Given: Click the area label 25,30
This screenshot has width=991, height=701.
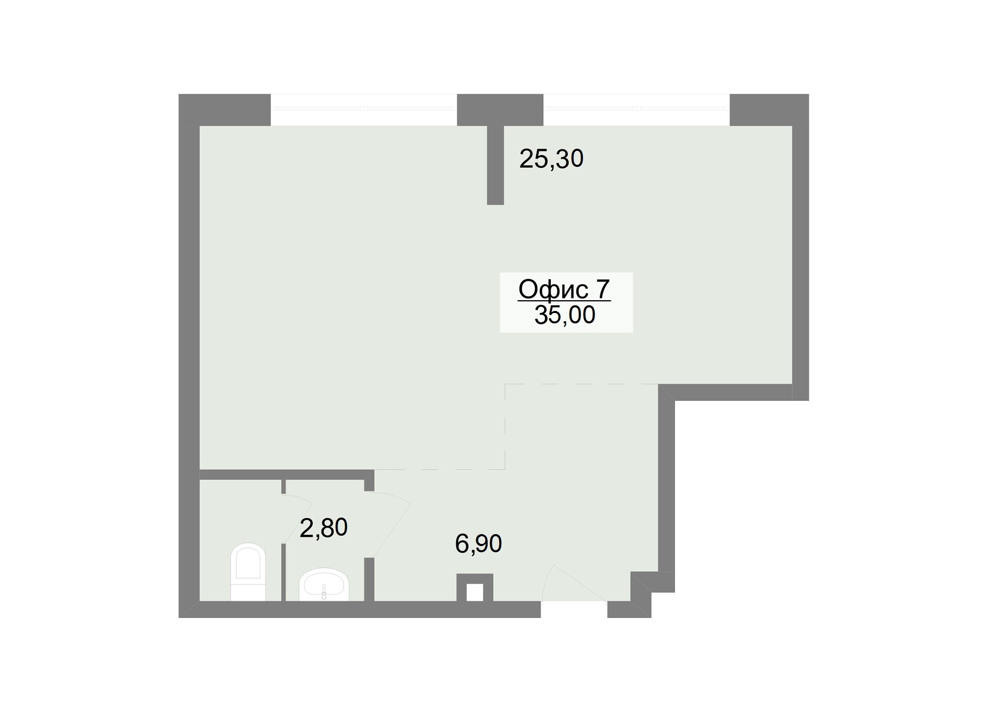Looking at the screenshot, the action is (x=551, y=159).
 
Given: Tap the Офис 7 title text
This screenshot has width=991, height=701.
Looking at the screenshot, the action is (x=564, y=289).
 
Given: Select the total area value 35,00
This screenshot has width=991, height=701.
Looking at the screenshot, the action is (x=565, y=315).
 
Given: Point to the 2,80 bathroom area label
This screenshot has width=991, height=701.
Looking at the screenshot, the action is (x=324, y=528).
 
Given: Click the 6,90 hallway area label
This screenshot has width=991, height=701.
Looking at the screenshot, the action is (x=478, y=544).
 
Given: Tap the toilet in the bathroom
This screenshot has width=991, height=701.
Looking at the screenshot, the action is (x=248, y=572).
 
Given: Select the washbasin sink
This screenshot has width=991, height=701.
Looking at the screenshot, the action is (x=324, y=585).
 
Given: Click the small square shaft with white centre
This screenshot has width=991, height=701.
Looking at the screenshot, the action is (x=475, y=588).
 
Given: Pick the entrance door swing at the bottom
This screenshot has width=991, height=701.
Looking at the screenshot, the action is (x=573, y=584).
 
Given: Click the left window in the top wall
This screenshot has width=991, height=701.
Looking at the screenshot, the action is (x=364, y=109).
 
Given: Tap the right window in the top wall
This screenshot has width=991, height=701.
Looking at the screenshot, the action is (x=636, y=109).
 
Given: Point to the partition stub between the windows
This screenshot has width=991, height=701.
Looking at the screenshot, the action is (x=495, y=165).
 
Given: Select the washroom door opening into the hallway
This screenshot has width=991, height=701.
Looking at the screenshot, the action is (x=391, y=524).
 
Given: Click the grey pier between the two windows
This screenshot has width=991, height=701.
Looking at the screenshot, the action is (x=500, y=110).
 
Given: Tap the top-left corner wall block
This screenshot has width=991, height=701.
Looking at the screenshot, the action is (x=225, y=110).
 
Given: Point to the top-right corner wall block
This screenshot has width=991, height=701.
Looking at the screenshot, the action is (x=769, y=110).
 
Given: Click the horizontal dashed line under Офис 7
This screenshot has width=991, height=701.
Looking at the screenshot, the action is (x=582, y=384).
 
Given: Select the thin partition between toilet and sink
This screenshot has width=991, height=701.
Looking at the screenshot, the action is (x=283, y=540).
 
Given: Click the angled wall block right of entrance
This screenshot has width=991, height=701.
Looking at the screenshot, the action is (x=641, y=594).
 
